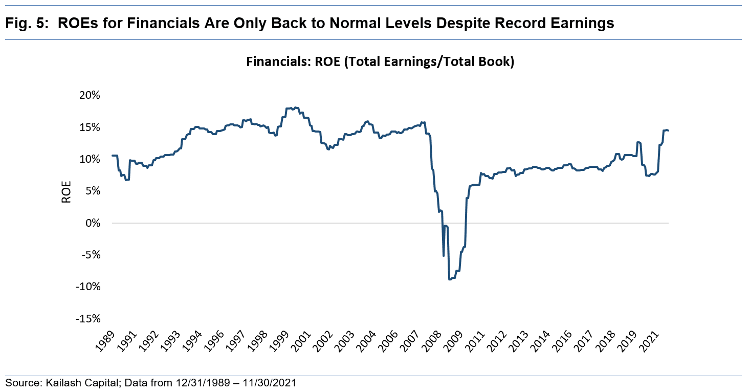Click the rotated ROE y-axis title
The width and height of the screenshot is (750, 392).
click(x=67, y=192)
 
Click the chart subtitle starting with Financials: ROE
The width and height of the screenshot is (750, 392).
click(x=380, y=62)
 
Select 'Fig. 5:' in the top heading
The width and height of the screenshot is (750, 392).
click(x=26, y=23)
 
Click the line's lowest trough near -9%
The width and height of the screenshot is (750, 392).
click(x=450, y=279)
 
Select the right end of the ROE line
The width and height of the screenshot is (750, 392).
click(x=668, y=130)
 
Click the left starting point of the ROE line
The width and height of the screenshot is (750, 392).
click(x=113, y=155)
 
